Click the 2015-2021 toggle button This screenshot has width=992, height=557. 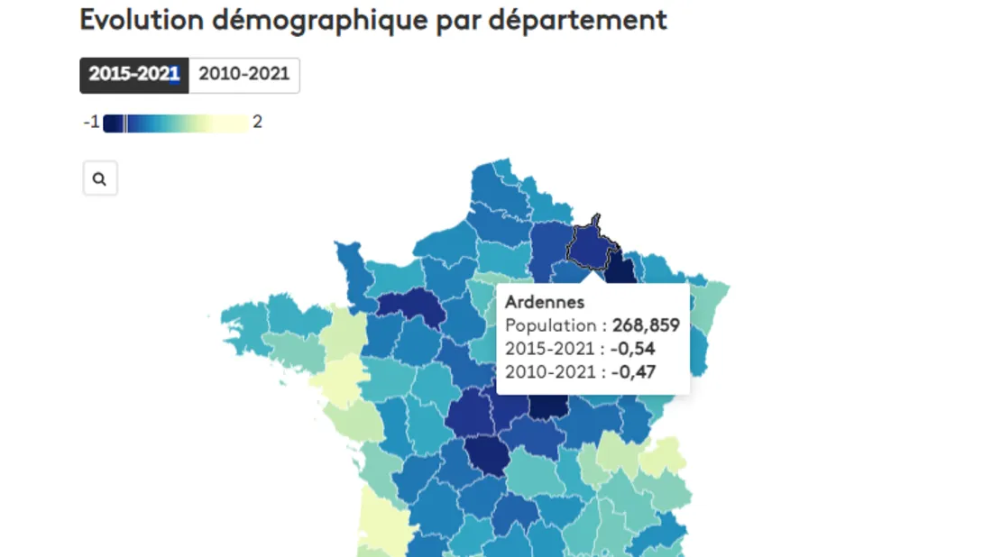[134, 75]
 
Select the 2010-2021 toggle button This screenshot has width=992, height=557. [244, 75]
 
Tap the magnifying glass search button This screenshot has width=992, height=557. [100, 178]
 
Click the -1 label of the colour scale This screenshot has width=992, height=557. [91, 123]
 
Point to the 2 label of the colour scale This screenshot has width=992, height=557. [257, 123]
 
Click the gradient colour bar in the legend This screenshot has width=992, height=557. [176, 123]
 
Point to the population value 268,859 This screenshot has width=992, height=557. [646, 325]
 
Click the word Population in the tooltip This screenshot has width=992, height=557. [548, 325]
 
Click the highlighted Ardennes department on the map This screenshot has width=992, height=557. [590, 247]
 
